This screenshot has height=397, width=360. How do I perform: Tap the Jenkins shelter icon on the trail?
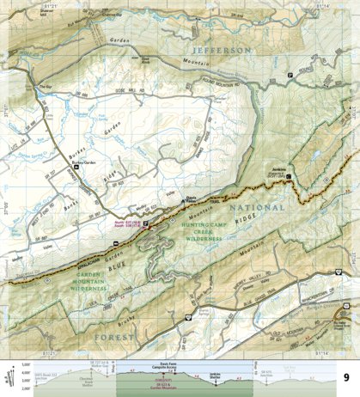click(x=290, y=177)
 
